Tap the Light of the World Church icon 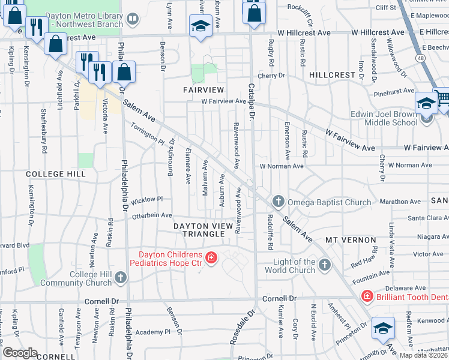324,264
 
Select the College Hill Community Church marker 121,277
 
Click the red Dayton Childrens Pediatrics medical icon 211,259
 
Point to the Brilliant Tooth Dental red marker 366,296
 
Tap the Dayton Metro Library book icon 132,20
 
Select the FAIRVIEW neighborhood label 203,89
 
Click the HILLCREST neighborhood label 333,75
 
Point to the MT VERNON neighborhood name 351,240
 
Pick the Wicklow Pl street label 143,199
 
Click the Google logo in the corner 20,352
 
